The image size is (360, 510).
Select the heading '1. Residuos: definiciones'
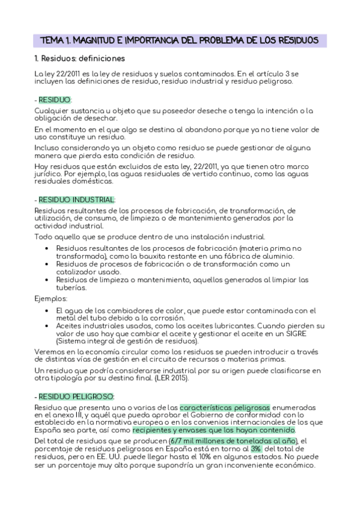tap(80, 59)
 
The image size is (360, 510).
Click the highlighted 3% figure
tap(256, 448)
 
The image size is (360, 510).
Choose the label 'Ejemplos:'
tap(50, 298)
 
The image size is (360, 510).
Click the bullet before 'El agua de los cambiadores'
tap(47, 310)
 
